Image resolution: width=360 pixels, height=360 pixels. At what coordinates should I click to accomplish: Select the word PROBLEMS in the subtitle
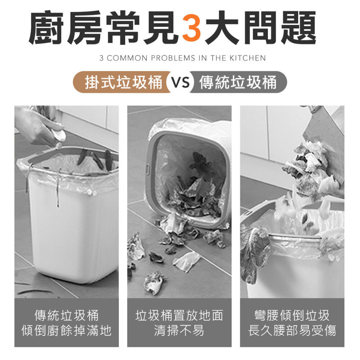pyautogui.click(x=173, y=58)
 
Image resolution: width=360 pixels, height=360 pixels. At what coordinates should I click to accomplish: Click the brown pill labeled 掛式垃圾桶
pyautogui.click(x=122, y=82)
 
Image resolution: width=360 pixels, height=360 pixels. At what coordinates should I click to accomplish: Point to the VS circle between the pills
pyautogui.click(x=180, y=82)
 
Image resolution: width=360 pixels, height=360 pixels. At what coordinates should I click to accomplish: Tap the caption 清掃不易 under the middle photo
pyautogui.click(x=179, y=330)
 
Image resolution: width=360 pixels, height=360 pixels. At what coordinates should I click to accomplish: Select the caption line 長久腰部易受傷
pyautogui.click(x=292, y=330)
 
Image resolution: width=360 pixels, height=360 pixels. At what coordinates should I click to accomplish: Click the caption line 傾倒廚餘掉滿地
pyautogui.click(x=67, y=330)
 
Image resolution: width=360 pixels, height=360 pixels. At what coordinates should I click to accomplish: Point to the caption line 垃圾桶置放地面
pyautogui.click(x=179, y=315)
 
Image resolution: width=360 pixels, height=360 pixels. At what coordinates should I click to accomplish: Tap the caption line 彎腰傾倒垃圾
pyautogui.click(x=292, y=315)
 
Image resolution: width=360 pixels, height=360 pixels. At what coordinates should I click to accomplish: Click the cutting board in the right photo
pyautogui.click(x=326, y=142)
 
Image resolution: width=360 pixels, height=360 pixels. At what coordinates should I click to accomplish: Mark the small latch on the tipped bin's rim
pyautogui.click(x=147, y=170)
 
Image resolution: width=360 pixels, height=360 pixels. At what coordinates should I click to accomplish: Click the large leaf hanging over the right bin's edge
pyautogui.click(x=255, y=250)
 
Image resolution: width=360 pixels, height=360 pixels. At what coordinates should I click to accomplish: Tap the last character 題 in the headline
pyautogui.click(x=298, y=28)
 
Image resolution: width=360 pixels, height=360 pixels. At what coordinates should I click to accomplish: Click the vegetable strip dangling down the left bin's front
pyautogui.click(x=58, y=188)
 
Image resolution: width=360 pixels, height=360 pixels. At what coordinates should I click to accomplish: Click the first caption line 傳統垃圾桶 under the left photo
pyautogui.click(x=67, y=315)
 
